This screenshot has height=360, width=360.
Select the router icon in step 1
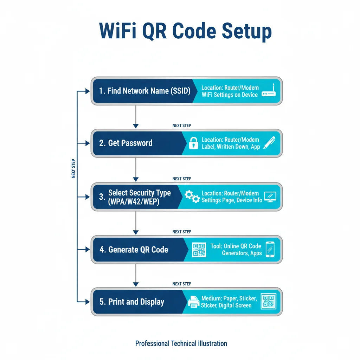[x=269, y=91]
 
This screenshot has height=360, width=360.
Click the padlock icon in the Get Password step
[x=193, y=143]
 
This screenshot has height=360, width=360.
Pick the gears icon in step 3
[x=192, y=197]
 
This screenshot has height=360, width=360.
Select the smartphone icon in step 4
[x=270, y=249]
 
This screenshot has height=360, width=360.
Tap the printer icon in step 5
[x=193, y=302]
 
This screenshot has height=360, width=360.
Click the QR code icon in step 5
[x=269, y=301]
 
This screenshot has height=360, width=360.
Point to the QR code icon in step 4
[x=199, y=250]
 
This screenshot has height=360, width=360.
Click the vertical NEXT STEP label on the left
[x=73, y=168]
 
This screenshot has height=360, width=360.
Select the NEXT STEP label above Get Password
[x=182, y=126]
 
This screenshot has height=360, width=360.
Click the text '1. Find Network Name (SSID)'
[x=144, y=91]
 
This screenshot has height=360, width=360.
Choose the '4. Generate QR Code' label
[x=134, y=250]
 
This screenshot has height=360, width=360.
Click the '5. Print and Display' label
[x=132, y=302]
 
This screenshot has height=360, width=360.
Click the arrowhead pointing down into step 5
[x=136, y=284]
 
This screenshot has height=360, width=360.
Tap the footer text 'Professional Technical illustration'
[x=181, y=343]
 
